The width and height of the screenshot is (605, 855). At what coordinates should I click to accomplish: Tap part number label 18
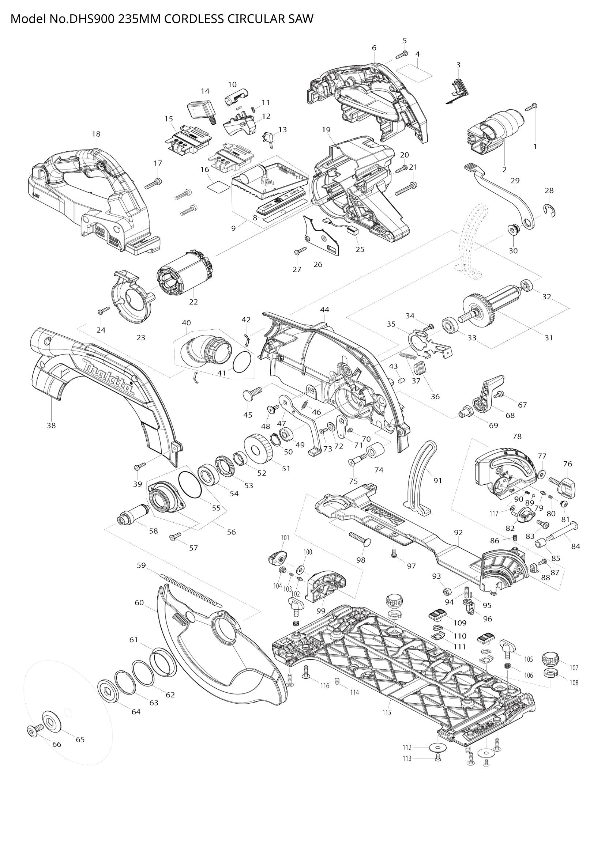pyautogui.click(x=96, y=134)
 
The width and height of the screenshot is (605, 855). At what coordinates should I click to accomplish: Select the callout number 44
pyautogui.click(x=324, y=310)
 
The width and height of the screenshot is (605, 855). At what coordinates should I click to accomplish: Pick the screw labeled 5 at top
pyautogui.click(x=402, y=54)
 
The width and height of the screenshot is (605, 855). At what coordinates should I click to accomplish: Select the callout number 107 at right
pyautogui.click(x=574, y=667)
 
